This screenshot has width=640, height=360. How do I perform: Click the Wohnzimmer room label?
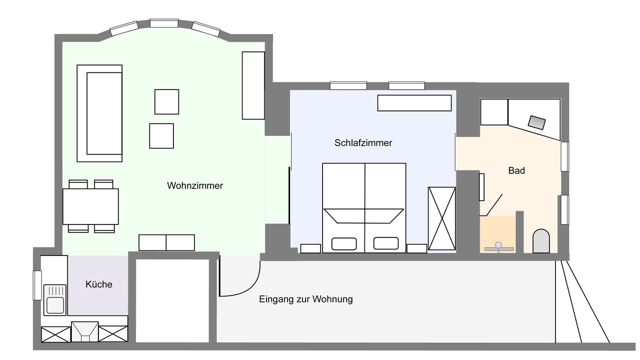(195, 185)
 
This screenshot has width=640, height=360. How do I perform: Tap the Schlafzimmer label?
(363, 143)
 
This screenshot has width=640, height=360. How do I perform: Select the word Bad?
(516, 170)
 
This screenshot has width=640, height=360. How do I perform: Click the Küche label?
(99, 284)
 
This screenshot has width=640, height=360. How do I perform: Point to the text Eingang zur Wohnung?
(305, 299)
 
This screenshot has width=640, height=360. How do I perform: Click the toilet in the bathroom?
(541, 241)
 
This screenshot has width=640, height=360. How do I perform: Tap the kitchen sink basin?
(55, 305)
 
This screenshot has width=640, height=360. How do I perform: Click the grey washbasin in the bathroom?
(537, 122)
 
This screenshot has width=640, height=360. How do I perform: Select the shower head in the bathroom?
(498, 245)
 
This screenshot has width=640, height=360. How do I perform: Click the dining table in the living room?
(90, 206)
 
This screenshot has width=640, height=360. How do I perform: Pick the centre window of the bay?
(164, 23)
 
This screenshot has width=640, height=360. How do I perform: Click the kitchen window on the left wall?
(37, 285)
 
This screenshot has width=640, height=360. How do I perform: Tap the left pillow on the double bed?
(344, 244)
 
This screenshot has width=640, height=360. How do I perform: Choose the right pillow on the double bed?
(386, 243)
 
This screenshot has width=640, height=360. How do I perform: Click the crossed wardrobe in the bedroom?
(441, 218)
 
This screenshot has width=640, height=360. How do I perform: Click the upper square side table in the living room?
(167, 101)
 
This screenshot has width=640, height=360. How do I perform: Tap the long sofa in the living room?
(99, 113)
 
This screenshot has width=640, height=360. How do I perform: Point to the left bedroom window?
(348, 85)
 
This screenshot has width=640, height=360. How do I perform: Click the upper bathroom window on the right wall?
(564, 156)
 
